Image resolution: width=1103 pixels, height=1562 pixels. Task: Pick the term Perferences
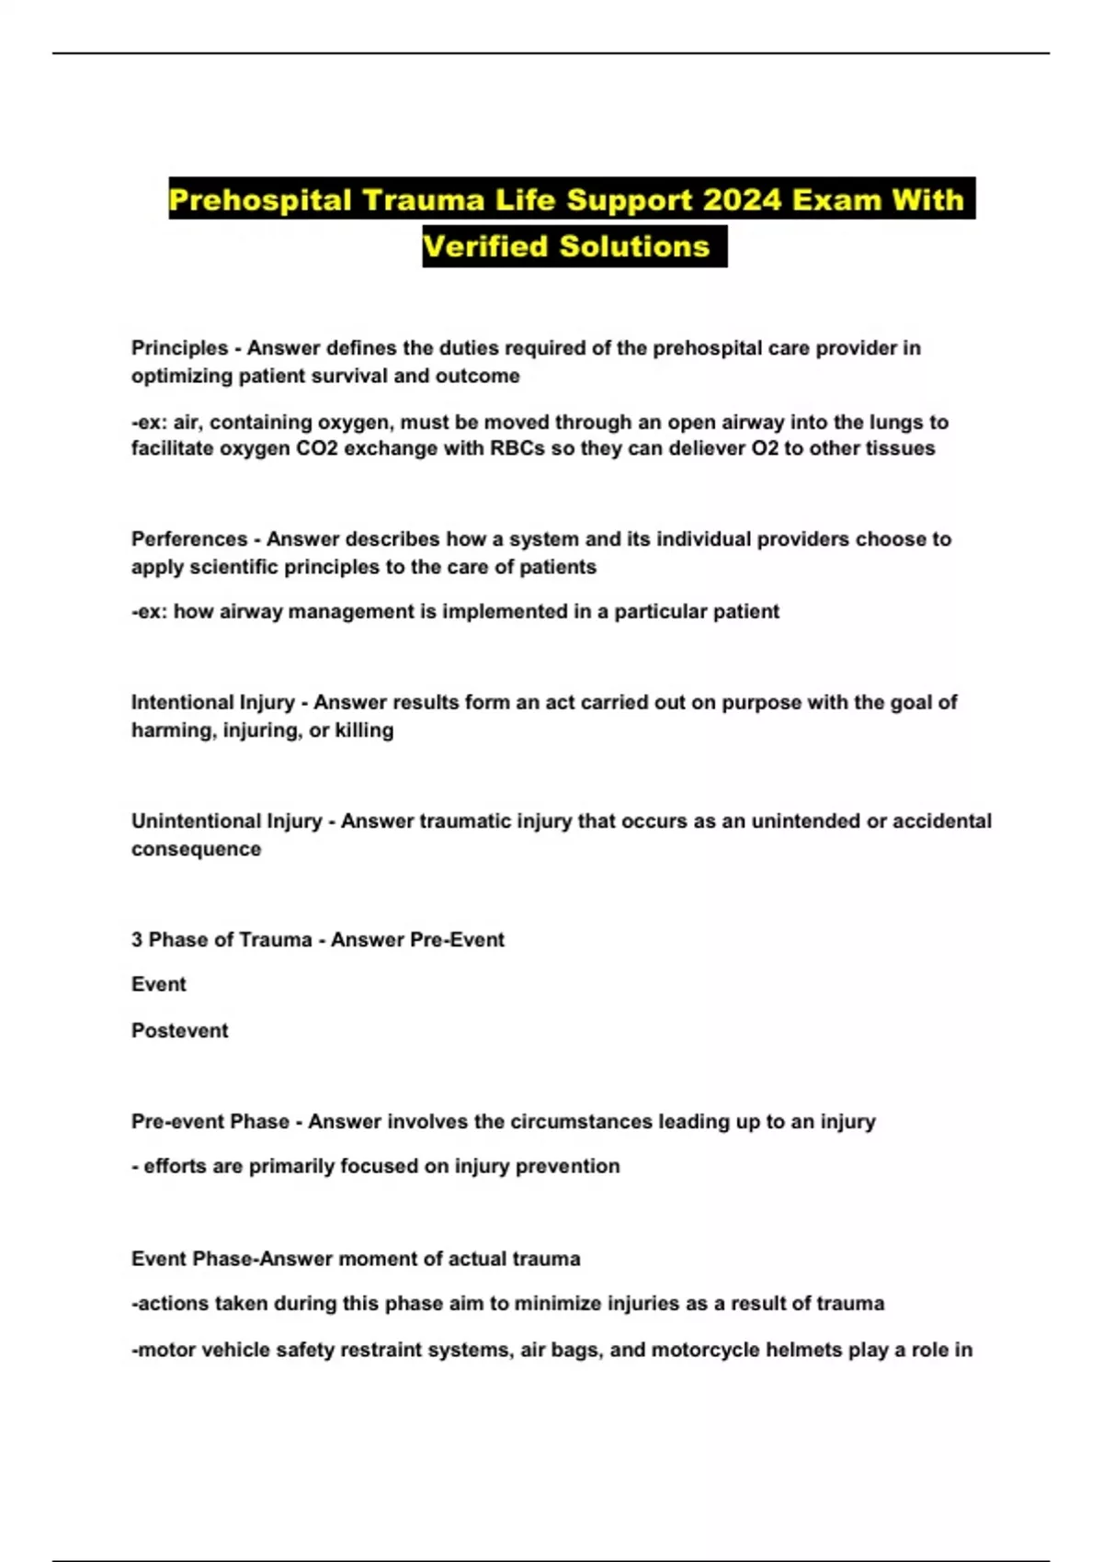pos(189,539)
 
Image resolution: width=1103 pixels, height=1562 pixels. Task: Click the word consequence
pos(196,849)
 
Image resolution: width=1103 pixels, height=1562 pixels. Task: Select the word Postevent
pos(179,1031)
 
